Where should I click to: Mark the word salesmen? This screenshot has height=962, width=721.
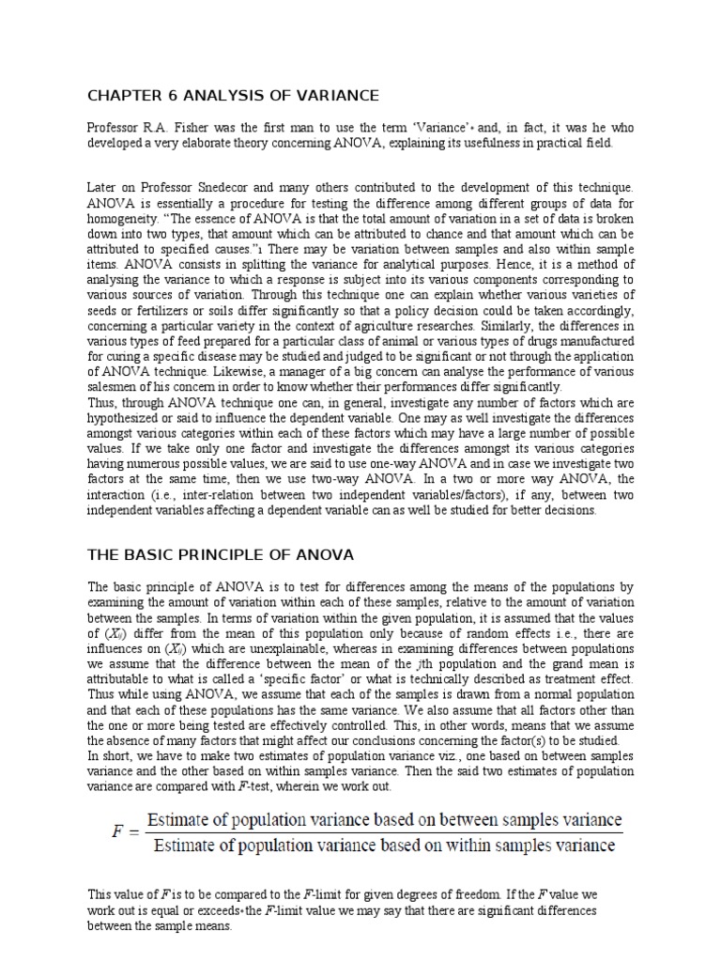click(115, 386)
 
